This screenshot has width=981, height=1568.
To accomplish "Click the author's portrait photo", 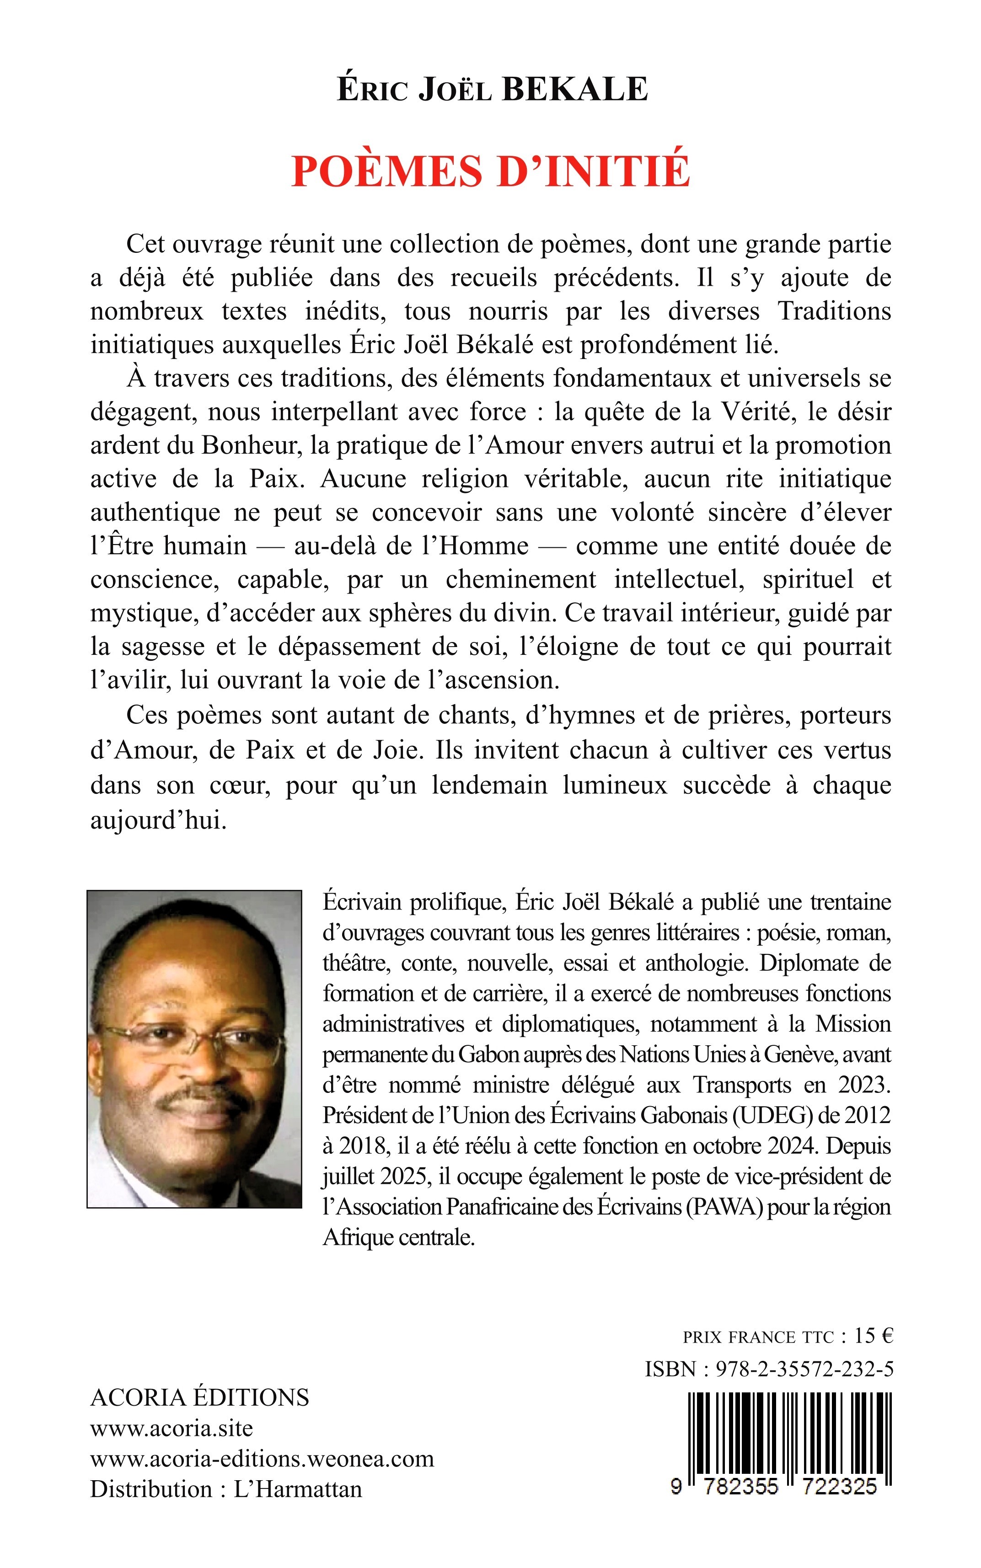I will pos(195,1049).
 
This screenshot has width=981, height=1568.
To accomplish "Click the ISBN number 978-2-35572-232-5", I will pos(804,1369).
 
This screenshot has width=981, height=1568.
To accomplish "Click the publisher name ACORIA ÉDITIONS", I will pos(200,1397).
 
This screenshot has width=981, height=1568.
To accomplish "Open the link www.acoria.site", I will pos(172,1428).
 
